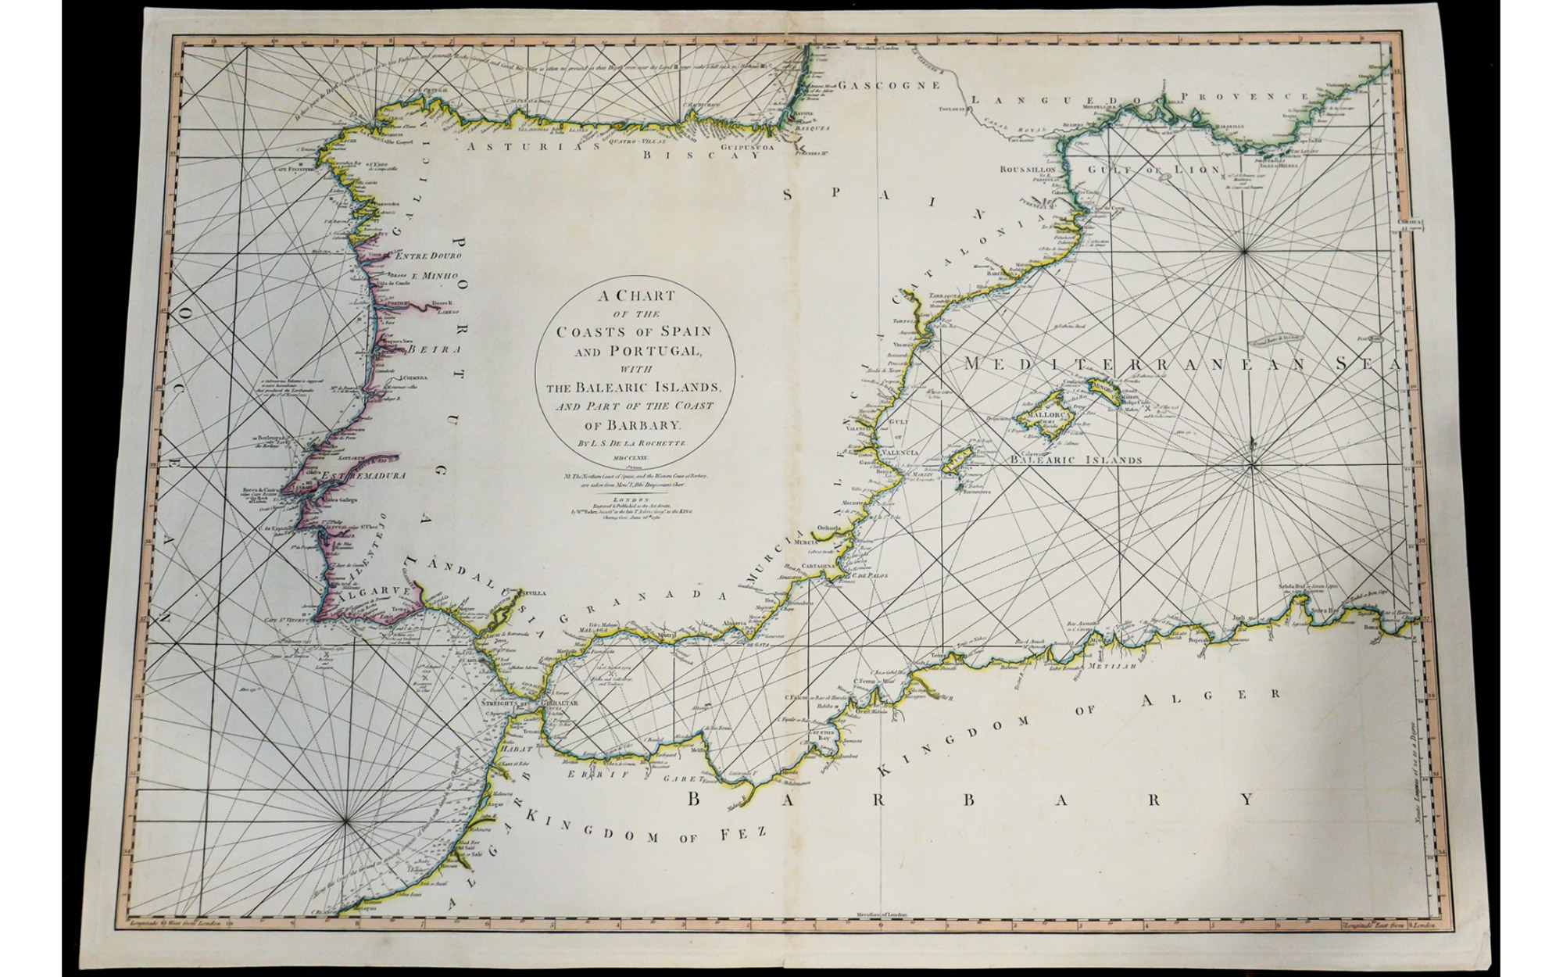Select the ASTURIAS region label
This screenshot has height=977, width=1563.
pos(512,144)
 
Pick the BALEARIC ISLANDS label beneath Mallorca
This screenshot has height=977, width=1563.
pos(1076,460)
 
